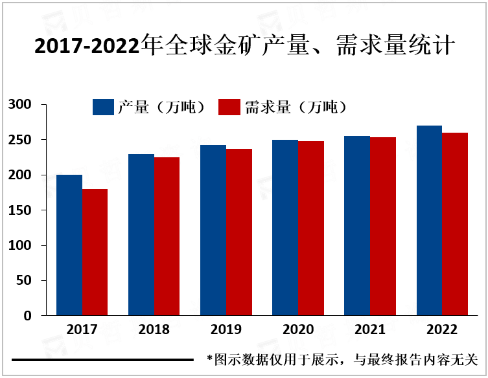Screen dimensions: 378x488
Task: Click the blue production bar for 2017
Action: [69, 245]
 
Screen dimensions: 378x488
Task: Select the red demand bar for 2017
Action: [95, 252]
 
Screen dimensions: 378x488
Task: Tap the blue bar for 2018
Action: [141, 235]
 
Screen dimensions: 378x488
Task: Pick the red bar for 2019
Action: [239, 232]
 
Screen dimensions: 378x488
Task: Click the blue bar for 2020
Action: [285, 228]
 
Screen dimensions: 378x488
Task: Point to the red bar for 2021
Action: [383, 227]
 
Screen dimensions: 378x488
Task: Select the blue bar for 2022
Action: [429, 221]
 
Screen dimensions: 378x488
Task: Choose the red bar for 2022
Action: [455, 224]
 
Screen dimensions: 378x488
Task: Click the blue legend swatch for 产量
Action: [104, 107]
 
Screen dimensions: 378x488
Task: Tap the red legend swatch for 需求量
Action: [230, 107]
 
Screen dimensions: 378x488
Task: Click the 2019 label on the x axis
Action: [226, 329]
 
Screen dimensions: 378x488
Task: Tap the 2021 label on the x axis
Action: [370, 329]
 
